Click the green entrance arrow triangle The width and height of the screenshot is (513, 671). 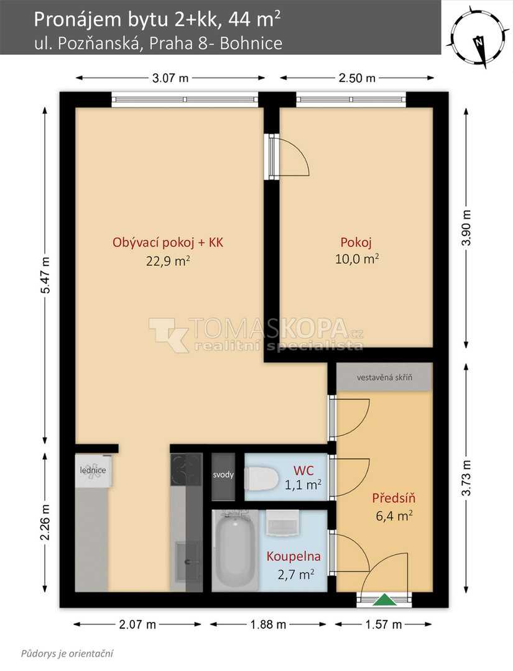pos(384,600)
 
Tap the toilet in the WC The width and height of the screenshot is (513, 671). pos(261,478)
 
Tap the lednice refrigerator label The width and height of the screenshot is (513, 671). pos(93,470)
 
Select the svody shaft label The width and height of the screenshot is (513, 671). pos(223,475)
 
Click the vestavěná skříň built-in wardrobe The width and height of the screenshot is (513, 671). pos(384,377)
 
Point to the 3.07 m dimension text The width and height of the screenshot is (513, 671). pos(170,78)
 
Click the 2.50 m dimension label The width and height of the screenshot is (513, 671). pos(357,78)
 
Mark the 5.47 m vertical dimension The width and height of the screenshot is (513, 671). pos(45,275)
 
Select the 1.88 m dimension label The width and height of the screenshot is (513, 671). pos(268,624)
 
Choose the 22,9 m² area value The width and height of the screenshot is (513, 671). pos(168,260)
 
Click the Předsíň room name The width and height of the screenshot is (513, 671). pos(394,498)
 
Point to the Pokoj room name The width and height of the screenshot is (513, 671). pos(356,242)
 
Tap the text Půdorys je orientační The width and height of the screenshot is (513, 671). pos(67,654)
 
